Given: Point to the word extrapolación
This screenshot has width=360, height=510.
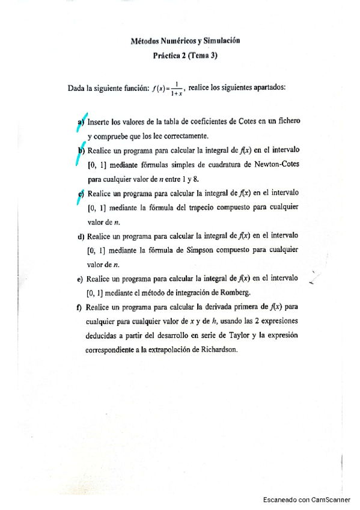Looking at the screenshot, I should coord(166,350).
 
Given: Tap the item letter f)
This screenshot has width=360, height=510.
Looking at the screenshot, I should coord(80,307).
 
